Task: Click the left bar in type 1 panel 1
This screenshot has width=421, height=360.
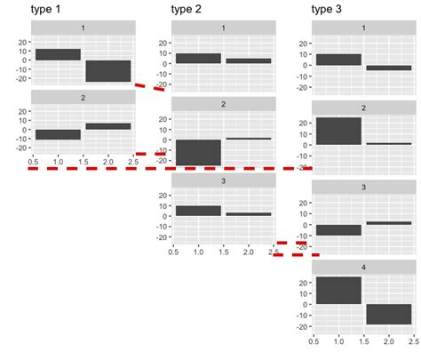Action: [x=58, y=54]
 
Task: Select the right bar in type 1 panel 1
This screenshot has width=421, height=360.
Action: [x=107, y=71]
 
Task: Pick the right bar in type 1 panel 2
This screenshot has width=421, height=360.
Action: [x=107, y=126]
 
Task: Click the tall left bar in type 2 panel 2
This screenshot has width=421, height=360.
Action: [x=198, y=152]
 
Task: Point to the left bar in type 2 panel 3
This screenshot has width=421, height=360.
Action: [x=198, y=211]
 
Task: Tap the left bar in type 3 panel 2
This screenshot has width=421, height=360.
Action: [x=338, y=131]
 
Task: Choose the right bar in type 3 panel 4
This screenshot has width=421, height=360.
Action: [x=389, y=314]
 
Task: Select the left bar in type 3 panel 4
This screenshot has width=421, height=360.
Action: [x=338, y=291]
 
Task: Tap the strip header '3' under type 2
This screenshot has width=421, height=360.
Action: [x=223, y=180]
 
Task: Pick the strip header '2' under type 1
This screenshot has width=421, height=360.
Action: [x=83, y=97]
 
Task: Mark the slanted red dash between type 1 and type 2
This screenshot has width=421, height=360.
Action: [x=149, y=87]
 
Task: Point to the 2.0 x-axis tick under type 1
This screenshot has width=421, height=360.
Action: [x=107, y=161]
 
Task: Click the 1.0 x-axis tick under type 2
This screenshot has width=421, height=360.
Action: [x=198, y=252]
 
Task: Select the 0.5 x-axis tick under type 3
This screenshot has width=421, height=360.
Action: [x=314, y=340]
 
